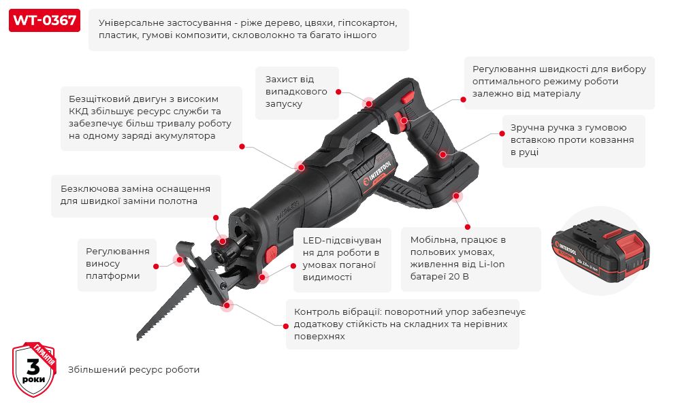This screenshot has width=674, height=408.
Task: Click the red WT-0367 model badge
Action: click(x=44, y=21)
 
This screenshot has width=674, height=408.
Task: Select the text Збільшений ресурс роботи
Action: click(x=133, y=370)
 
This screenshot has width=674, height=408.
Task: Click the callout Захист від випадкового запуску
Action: click(x=296, y=92)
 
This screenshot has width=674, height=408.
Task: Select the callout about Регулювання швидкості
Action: click(x=559, y=82)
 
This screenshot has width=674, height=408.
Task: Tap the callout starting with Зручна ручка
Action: click(x=572, y=140)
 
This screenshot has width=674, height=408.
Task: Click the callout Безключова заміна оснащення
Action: click(x=135, y=195)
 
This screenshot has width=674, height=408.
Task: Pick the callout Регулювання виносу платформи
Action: click(x=117, y=264)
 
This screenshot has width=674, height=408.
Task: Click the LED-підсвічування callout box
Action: click(x=342, y=259)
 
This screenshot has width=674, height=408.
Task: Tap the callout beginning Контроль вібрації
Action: click(x=402, y=324)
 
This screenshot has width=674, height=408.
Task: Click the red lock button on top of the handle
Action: click(x=407, y=99)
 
